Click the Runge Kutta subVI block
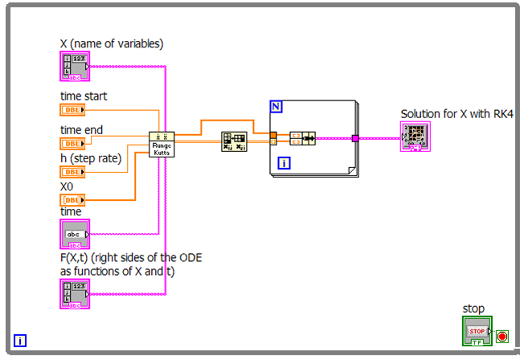click(x=162, y=145)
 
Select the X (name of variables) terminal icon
click(x=74, y=67)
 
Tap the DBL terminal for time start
click(x=72, y=110)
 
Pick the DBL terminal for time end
click(x=72, y=143)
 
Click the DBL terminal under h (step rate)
click(x=72, y=172)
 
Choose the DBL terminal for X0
click(x=72, y=199)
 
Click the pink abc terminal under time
click(x=75, y=234)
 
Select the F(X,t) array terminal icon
click(x=74, y=294)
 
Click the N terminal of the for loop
click(x=276, y=106)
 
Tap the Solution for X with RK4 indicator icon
click(x=417, y=137)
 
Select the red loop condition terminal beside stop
click(x=502, y=336)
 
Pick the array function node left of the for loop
click(x=232, y=142)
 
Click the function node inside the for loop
click(x=302, y=137)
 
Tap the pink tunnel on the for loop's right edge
click(x=354, y=138)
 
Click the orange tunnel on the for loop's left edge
click(x=273, y=136)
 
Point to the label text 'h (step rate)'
click(x=91, y=158)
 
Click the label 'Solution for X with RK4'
click(x=456, y=114)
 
